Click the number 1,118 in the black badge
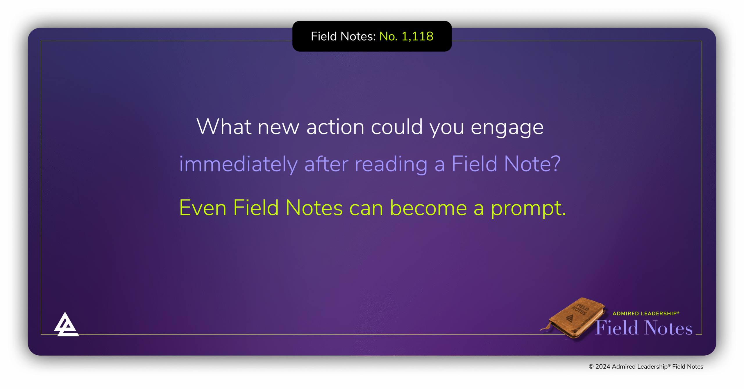(x=417, y=37)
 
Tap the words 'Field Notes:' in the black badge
(x=343, y=37)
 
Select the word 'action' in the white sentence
(x=335, y=127)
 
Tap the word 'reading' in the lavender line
(x=391, y=164)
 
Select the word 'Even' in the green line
(x=203, y=208)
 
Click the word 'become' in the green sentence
(x=428, y=208)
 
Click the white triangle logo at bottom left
(x=66, y=325)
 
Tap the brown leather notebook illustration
(x=575, y=318)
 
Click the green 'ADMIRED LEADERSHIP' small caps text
(x=645, y=314)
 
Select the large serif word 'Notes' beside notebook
(x=668, y=328)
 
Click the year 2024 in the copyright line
(x=602, y=367)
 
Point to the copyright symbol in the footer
(x=591, y=367)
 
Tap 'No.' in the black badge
(x=388, y=37)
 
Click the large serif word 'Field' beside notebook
(x=617, y=328)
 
